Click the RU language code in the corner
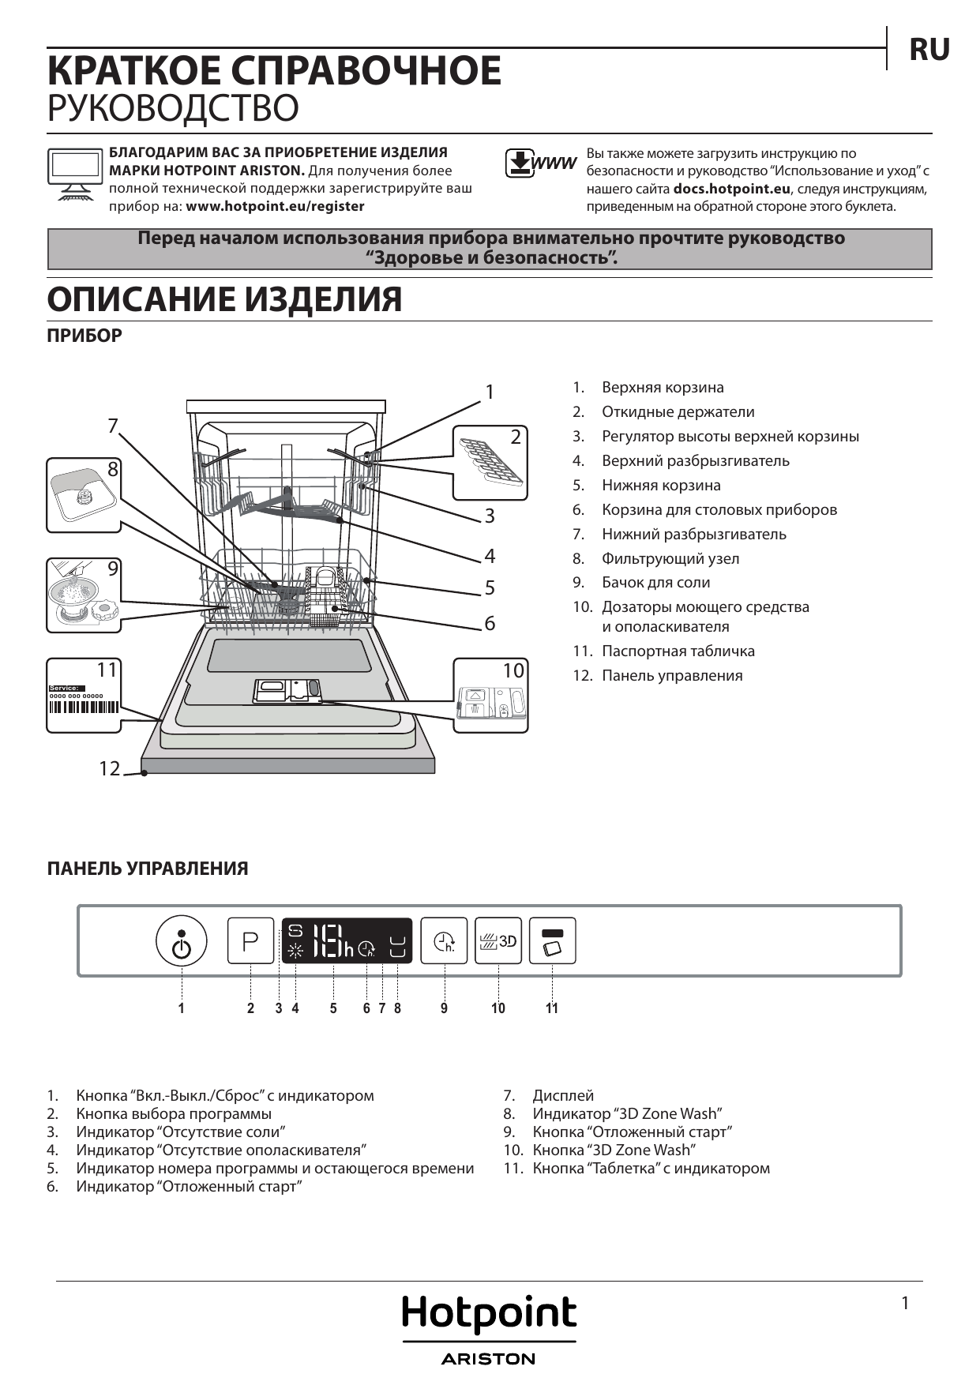pyautogui.click(x=929, y=50)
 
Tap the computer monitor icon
pyautogui.click(x=74, y=174)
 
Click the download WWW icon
pyautogui.click(x=540, y=163)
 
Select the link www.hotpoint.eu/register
pyautogui.click(x=275, y=207)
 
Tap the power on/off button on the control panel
pyautogui.click(x=182, y=941)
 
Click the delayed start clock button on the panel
pyautogui.click(x=444, y=941)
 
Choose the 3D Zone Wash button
pyautogui.click(x=498, y=941)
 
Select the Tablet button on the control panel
pyautogui.click(x=552, y=941)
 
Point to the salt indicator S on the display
pyautogui.click(x=295, y=931)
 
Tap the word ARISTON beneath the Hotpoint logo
pyautogui.click(x=489, y=1359)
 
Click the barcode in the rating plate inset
pyautogui.click(x=84, y=707)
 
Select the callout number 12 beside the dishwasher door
pyautogui.click(x=109, y=768)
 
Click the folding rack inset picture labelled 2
pyautogui.click(x=490, y=462)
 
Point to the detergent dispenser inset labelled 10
pyautogui.click(x=490, y=695)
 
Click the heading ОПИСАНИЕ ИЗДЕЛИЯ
pyautogui.click(x=225, y=300)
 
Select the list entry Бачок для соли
pyautogui.click(x=655, y=583)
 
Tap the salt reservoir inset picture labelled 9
pyautogui.click(x=84, y=595)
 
